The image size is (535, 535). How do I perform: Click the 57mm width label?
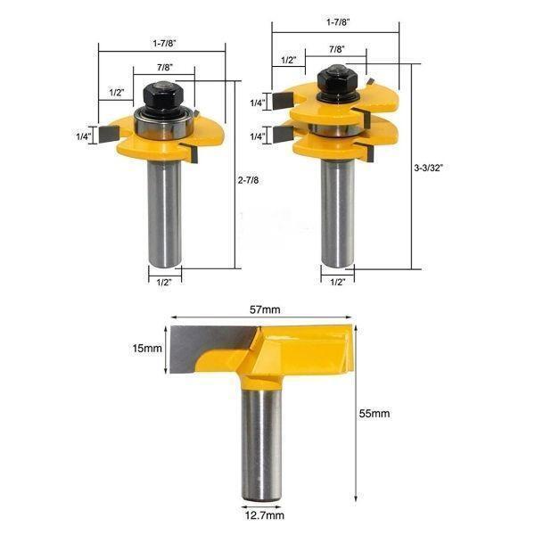click(265, 309)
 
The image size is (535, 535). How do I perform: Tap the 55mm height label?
click(374, 414)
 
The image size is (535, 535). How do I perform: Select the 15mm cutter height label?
click(147, 349)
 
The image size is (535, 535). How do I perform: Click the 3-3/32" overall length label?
click(428, 168)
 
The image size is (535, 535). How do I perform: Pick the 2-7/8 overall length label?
click(248, 180)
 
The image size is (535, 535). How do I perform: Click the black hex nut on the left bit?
click(163, 95)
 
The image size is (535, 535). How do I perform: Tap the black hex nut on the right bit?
click(337, 80)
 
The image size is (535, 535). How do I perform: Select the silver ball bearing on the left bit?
click(164, 123)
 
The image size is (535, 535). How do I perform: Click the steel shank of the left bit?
click(164, 214)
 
